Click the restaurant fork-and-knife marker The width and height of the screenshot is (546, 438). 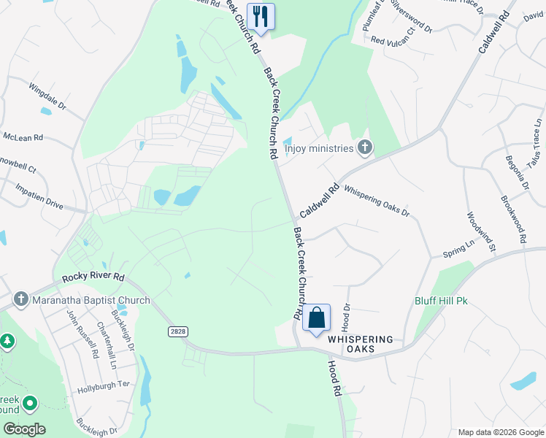[x=261, y=15]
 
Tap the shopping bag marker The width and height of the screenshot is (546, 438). [x=317, y=318]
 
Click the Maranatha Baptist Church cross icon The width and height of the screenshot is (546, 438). [x=20, y=300]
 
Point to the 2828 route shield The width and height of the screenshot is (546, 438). [x=176, y=331]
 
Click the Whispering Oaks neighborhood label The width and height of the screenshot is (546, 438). [x=360, y=345]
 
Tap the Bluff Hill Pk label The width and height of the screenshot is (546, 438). [x=440, y=301]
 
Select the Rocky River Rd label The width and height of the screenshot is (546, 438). [x=93, y=277]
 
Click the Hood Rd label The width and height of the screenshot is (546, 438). [x=335, y=380]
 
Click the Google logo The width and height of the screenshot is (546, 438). [x=24, y=429]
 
